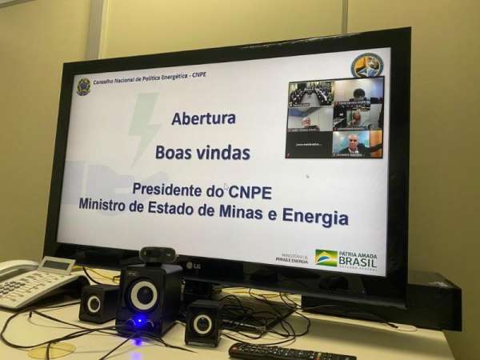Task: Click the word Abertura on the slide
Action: (x=203, y=118)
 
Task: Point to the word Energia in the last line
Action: (x=318, y=217)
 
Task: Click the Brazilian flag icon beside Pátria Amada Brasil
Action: (x=326, y=258)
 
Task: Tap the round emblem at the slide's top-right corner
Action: (x=366, y=65)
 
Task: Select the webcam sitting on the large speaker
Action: (x=157, y=255)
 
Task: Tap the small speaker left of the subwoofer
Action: (x=97, y=302)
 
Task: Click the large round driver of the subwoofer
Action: (x=144, y=294)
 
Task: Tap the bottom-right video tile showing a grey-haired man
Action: (x=358, y=143)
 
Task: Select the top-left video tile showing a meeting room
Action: (x=310, y=94)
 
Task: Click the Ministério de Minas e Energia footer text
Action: (x=291, y=258)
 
